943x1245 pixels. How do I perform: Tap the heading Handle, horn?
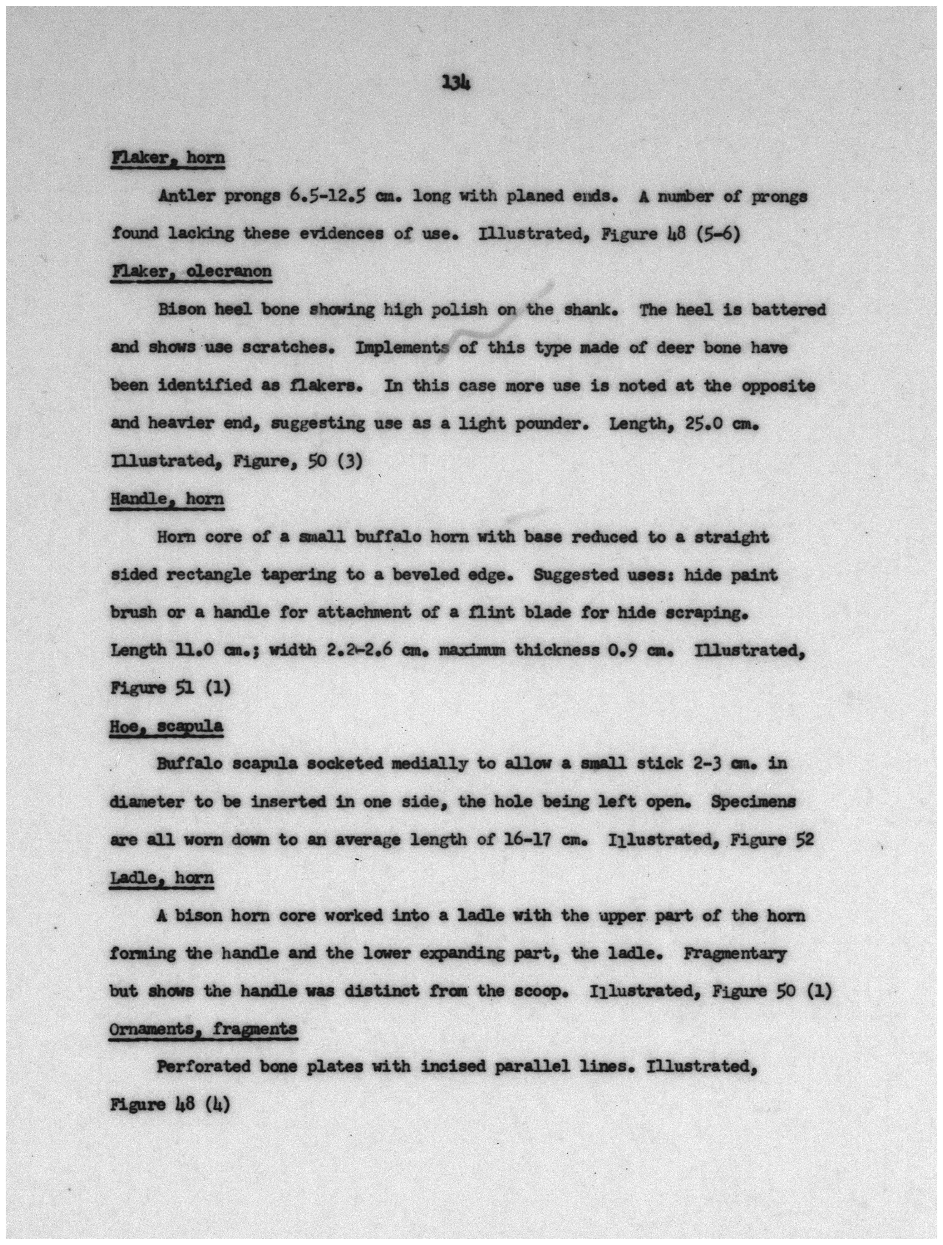point(167,499)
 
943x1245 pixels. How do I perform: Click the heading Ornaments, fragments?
point(203,1029)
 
